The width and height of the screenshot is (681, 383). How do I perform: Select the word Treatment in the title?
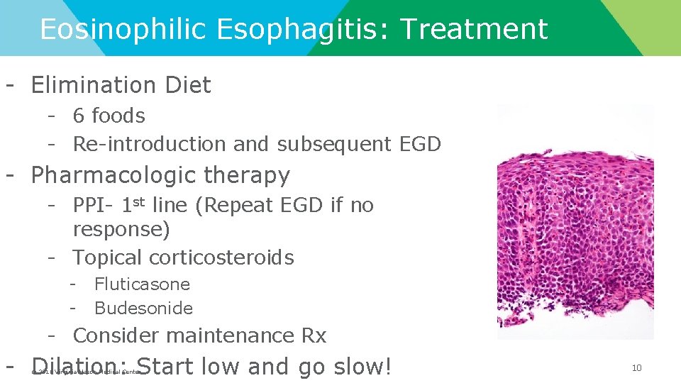474,30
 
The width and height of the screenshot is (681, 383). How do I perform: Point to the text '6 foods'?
109,116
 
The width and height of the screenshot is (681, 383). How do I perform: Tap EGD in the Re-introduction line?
419,144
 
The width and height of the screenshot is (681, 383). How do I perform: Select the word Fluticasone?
142,284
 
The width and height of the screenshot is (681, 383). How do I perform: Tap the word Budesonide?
143,309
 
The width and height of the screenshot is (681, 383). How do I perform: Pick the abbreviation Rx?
311,335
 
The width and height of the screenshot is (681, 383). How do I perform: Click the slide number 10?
636,367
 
